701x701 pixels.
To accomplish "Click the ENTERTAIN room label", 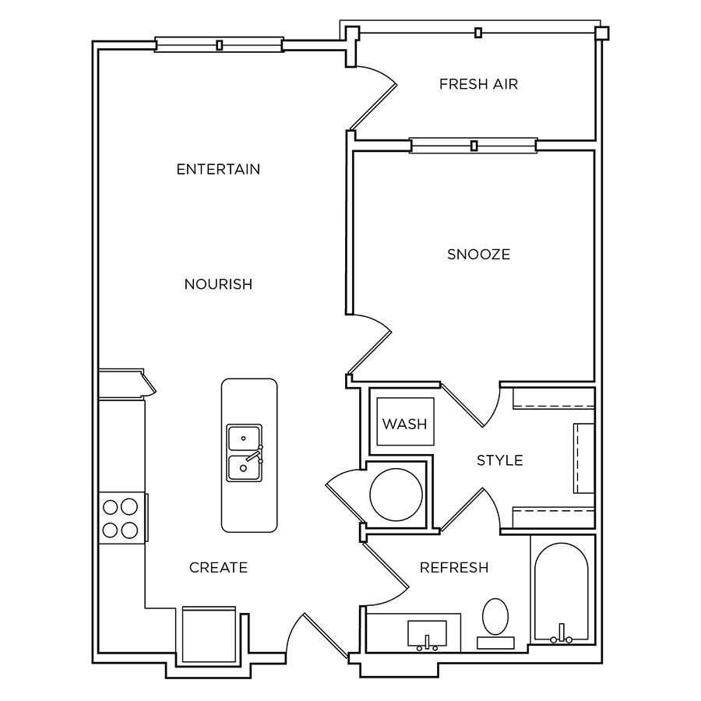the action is click(x=218, y=170).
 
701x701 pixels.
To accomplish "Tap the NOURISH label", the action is click(x=218, y=284).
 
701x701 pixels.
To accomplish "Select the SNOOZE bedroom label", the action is click(x=479, y=255).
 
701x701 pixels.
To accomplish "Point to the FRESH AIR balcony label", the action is click(x=478, y=84).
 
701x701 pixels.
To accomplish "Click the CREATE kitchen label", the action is click(x=218, y=568).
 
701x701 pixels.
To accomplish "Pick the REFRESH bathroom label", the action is click(x=454, y=568).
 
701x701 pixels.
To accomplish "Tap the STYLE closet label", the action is click(x=500, y=460).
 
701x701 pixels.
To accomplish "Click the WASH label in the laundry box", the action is click(x=404, y=424).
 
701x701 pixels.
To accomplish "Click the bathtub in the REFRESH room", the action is click(x=562, y=593).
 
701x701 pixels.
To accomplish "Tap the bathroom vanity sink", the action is click(x=427, y=634).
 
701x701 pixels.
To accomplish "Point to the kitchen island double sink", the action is click(x=244, y=453).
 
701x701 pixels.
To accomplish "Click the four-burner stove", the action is click(x=122, y=518).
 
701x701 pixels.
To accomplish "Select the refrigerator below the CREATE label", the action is click(x=209, y=634).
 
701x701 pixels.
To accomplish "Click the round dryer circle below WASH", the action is click(x=396, y=495).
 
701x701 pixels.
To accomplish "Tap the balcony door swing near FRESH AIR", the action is click(x=374, y=97).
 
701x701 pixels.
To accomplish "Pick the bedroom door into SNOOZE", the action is click(x=370, y=343).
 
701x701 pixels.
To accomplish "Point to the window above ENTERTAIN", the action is click(x=219, y=44).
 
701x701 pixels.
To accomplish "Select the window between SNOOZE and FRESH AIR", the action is click(x=474, y=146).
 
